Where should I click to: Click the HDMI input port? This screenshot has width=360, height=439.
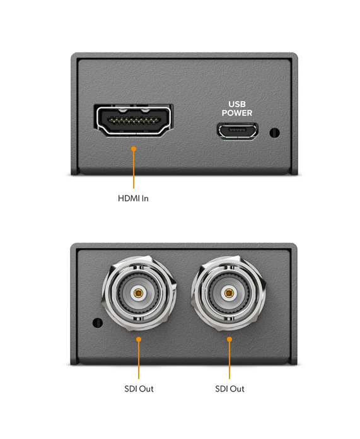pyautogui.click(x=134, y=120)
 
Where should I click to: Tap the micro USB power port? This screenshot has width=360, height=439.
pyautogui.click(x=238, y=131)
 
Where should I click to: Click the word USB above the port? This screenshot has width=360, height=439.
pyautogui.click(x=237, y=104)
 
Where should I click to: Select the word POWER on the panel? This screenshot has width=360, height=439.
pyautogui.click(x=237, y=113)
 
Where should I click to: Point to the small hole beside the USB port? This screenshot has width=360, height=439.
pyautogui.click(x=274, y=132)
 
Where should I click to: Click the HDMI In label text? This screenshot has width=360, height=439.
pyautogui.click(x=133, y=199)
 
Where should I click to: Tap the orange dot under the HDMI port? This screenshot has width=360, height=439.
pyautogui.click(x=134, y=149)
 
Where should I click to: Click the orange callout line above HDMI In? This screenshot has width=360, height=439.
pyautogui.click(x=134, y=168)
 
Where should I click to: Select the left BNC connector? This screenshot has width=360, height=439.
pyautogui.click(x=139, y=293)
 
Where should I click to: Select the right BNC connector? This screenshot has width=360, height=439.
pyautogui.click(x=229, y=293)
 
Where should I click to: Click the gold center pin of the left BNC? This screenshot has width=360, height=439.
pyautogui.click(x=138, y=293)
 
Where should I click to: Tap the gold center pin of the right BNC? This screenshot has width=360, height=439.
pyautogui.click(x=229, y=293)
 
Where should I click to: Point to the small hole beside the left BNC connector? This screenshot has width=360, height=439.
pyautogui.click(x=98, y=323)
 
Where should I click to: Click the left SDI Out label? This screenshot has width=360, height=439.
pyautogui.click(x=139, y=389)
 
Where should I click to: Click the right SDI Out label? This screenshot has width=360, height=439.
pyautogui.click(x=229, y=389)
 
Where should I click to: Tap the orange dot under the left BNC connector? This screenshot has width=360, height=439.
pyautogui.click(x=139, y=339)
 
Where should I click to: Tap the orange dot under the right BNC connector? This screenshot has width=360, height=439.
pyautogui.click(x=229, y=339)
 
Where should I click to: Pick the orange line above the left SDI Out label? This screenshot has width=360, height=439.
pyautogui.click(x=139, y=359)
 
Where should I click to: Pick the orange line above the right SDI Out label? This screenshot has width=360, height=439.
pyautogui.click(x=229, y=359)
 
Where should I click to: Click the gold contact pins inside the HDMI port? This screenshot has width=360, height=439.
pyautogui.click(x=133, y=121)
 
